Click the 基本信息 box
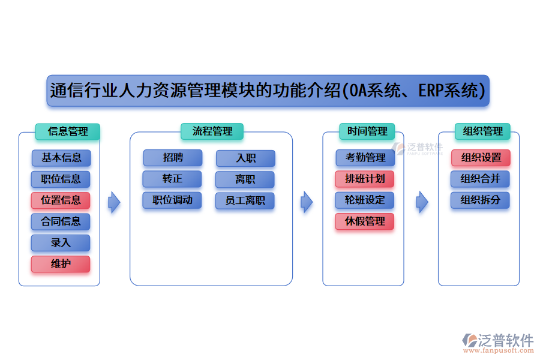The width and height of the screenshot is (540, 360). point(61,158)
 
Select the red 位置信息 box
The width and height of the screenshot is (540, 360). point(61,200)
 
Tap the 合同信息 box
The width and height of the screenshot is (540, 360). point(61,221)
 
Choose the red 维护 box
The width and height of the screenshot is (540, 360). point(61,264)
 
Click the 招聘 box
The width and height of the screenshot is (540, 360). point(173,158)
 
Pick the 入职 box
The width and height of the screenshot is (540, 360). point(245,158)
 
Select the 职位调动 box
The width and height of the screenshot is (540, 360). point(172,200)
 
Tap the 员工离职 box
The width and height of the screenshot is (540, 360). point(245,200)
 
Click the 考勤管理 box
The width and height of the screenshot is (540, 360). point(365,158)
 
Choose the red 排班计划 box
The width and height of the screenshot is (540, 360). point(365,179)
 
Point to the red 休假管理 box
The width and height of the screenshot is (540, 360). point(365,221)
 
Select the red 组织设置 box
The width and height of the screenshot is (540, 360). point(481,158)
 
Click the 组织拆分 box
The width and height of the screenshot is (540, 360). point(480,200)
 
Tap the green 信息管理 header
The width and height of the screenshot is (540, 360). point(67,131)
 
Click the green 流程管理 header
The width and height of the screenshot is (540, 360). point(212,131)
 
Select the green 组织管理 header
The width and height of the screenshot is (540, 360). point(479,131)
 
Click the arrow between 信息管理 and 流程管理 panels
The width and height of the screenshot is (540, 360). point(114,202)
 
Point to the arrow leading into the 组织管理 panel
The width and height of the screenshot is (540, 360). point(422,202)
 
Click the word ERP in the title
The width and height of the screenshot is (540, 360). point(434,91)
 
